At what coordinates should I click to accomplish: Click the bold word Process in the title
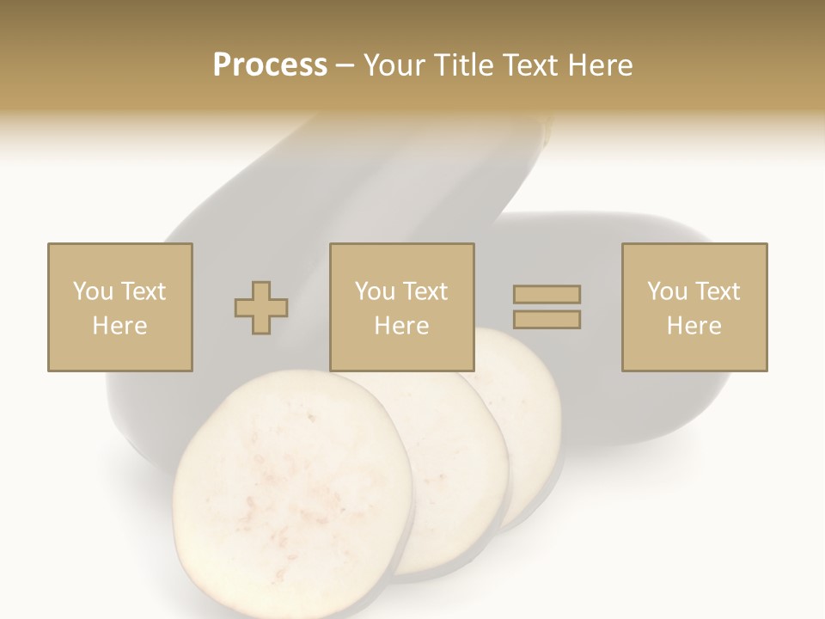[270, 65]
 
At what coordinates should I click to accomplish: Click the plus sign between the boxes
[261, 308]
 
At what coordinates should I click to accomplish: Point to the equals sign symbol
[547, 307]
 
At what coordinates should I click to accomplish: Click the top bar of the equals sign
[547, 295]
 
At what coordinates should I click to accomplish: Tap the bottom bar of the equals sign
[547, 319]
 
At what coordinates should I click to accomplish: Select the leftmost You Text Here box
[120, 307]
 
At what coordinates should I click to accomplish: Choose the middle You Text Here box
[401, 307]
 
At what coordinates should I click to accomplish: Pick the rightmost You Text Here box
[694, 307]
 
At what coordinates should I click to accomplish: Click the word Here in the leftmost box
[120, 326]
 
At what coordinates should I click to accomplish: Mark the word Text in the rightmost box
[717, 291]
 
